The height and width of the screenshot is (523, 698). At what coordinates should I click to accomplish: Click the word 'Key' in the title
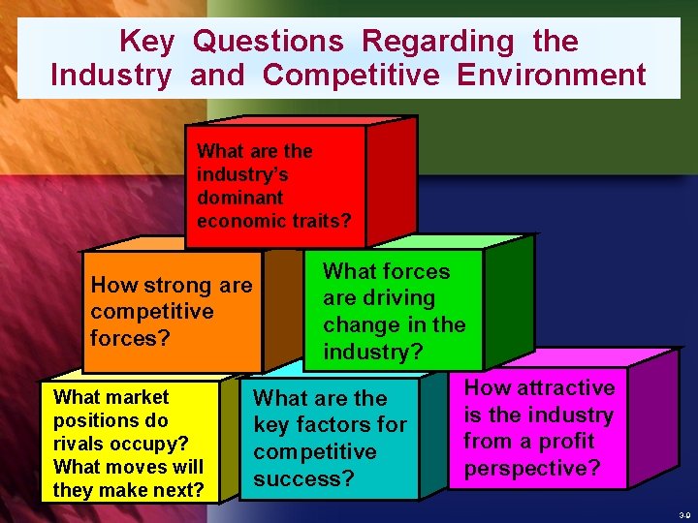(x=146, y=41)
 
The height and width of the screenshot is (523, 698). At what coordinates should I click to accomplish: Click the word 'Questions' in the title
(x=269, y=41)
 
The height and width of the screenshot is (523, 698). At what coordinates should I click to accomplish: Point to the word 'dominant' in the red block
(x=239, y=198)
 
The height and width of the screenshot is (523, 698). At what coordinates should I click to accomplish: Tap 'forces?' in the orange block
(x=123, y=338)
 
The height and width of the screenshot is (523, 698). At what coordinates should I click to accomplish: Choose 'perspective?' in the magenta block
(x=531, y=469)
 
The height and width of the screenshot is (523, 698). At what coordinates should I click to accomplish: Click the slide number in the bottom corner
(x=685, y=515)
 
